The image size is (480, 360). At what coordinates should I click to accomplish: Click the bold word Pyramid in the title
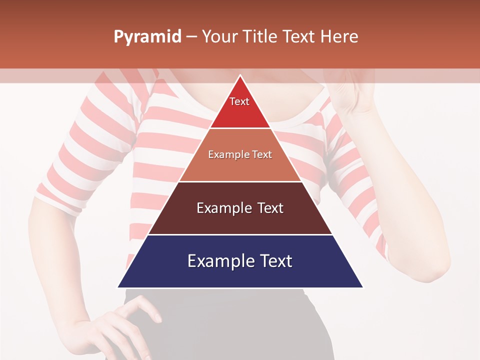(147, 37)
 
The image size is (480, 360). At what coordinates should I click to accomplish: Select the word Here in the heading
(339, 37)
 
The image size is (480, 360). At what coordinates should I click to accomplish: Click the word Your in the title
(219, 37)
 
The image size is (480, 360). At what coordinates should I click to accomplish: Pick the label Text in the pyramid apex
(239, 101)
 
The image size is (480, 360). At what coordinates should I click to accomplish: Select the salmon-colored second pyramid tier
(240, 167)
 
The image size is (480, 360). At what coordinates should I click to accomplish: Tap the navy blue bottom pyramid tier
(240, 275)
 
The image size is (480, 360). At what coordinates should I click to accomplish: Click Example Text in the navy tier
(240, 261)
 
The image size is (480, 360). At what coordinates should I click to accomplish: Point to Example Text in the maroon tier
(240, 208)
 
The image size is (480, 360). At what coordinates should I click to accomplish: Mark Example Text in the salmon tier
(240, 154)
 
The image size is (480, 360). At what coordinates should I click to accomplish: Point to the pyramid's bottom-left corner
(118, 287)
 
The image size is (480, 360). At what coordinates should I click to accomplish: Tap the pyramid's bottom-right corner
(362, 287)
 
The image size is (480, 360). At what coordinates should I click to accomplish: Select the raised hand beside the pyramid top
(350, 95)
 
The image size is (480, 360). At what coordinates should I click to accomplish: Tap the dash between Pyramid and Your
(191, 37)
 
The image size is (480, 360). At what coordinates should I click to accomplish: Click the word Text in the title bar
(299, 37)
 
